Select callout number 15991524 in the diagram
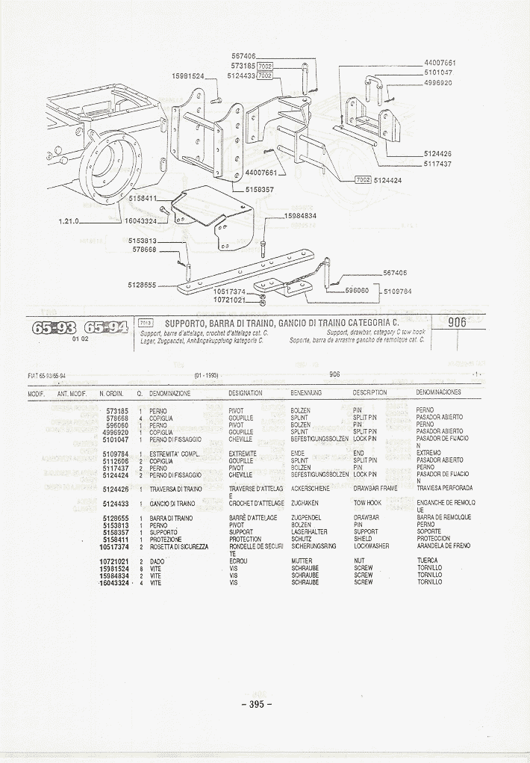coord(188,76)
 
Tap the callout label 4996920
coord(439,82)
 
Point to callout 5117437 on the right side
coord(437,163)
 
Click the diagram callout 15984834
coord(300,216)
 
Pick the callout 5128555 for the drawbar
coord(142,285)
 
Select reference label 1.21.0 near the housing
coord(69,221)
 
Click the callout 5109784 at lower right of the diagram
coord(398,291)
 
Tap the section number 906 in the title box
coord(457,322)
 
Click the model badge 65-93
coord(52,327)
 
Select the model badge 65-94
coord(105,327)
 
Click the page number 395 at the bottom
coord(256,703)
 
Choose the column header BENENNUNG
coord(306,392)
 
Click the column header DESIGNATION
coord(246,392)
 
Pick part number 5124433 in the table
coord(116,504)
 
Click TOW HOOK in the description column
coord(367,504)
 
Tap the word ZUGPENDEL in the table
coord(306,518)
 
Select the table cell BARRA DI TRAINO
coord(171,518)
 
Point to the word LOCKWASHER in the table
coord(371,546)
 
